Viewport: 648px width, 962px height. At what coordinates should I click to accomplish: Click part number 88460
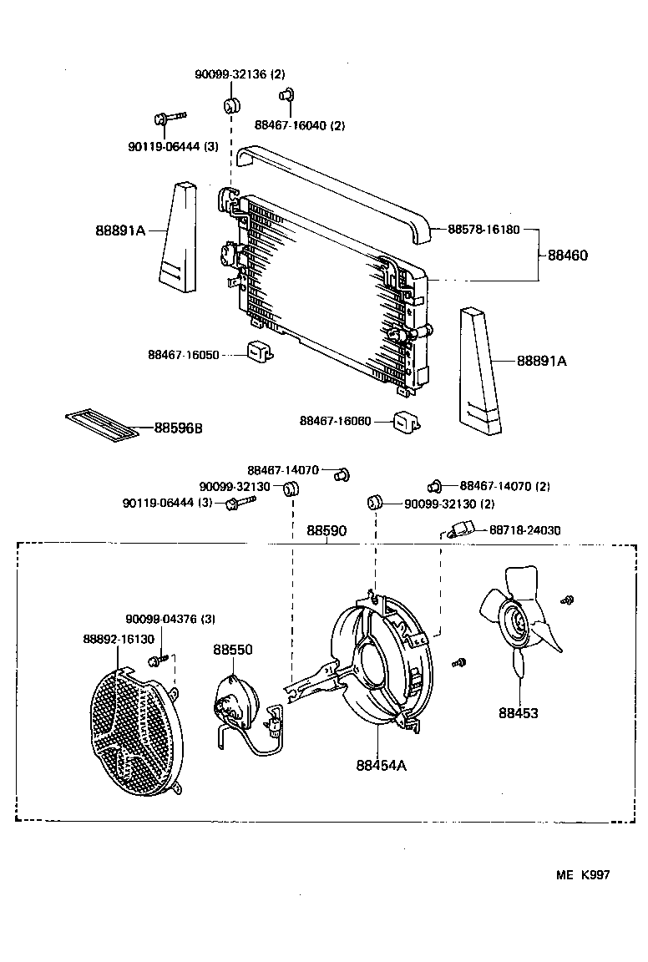pos(568,256)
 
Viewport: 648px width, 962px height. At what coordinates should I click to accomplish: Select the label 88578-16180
pos(483,229)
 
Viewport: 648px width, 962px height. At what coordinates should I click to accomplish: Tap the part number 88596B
pos(179,428)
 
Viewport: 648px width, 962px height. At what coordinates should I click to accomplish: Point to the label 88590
pos(327,530)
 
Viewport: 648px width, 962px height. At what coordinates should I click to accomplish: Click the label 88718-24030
pos(524,529)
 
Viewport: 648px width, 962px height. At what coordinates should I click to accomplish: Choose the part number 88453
pos(519,713)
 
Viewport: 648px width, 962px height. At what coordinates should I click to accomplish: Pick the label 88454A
pos(381,765)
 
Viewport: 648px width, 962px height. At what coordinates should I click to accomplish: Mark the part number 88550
pos(232,650)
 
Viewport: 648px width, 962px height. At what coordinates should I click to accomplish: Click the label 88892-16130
pos(119,638)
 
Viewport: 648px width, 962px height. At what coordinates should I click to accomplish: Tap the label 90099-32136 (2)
pos(240,74)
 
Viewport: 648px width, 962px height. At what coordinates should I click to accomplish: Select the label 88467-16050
pos(184,355)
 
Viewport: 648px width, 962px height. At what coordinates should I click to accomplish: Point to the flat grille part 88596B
pos(103,424)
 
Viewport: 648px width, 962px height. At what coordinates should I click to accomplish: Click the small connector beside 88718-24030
pos(462,529)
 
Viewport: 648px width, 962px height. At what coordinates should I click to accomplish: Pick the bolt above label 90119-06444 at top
pos(168,119)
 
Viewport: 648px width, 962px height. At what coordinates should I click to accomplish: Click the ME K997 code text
pos(583,874)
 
